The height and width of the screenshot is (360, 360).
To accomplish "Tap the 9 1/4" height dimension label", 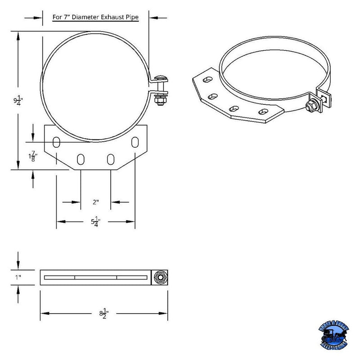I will pos(18,100).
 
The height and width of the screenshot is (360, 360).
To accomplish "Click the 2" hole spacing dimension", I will pos(95,202).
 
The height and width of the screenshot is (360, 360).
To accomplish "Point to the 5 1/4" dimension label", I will pos(95,221).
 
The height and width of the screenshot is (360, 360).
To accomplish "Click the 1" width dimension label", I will pos(18,277).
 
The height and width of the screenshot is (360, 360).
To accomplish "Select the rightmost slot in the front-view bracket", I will pos(135,142).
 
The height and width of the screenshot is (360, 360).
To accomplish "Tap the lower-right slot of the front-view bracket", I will pos(111,159).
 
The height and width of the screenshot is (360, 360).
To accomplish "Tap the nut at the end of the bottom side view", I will pos(159,277).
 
